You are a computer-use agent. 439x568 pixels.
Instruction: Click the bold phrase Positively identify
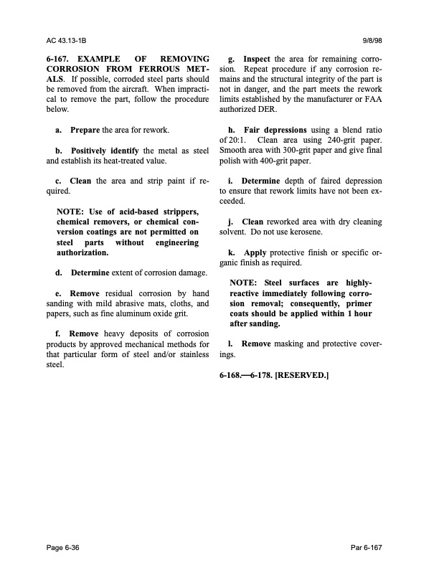(x=108, y=151)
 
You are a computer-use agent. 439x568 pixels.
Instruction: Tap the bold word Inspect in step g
(x=257, y=58)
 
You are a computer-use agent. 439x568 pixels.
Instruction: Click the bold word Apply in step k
(x=255, y=253)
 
